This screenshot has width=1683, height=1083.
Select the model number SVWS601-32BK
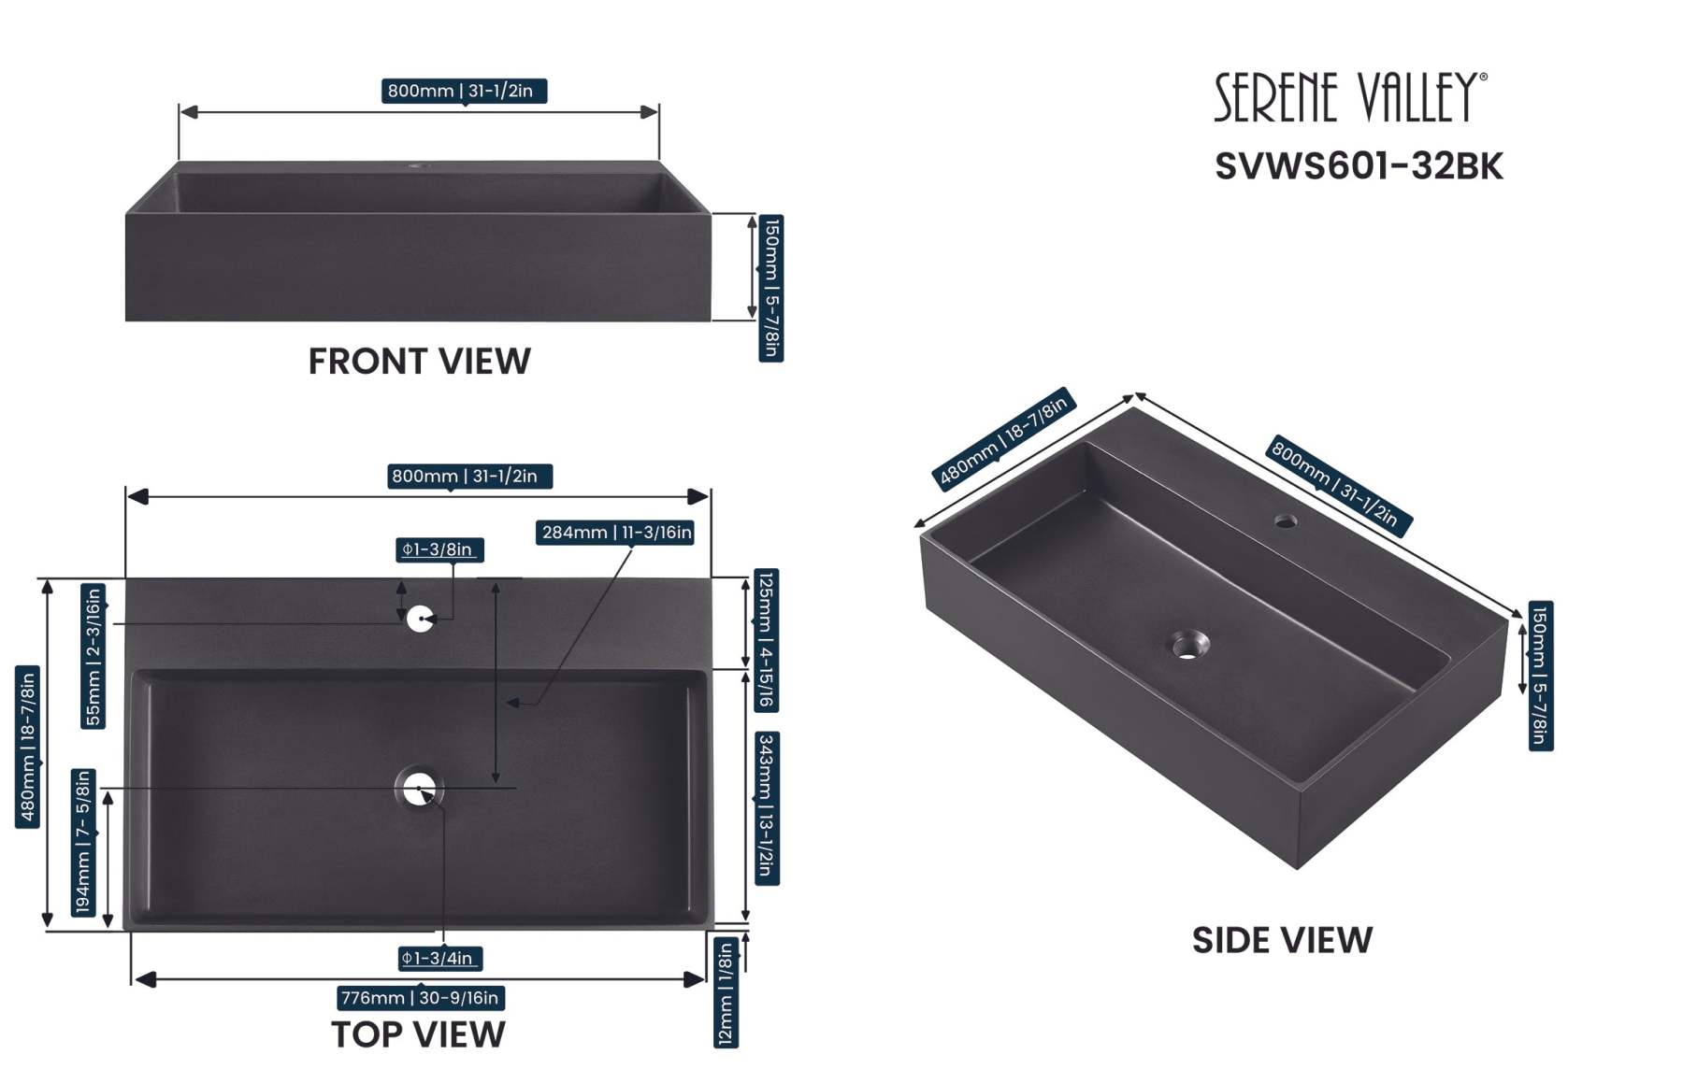[x=1359, y=166]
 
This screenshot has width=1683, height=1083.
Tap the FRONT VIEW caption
[x=419, y=362]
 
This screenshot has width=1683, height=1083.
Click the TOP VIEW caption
[x=418, y=1034]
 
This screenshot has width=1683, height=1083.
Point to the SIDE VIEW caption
[x=1282, y=940]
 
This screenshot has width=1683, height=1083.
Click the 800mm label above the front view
[x=464, y=91]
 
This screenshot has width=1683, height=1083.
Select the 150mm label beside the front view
[x=770, y=288]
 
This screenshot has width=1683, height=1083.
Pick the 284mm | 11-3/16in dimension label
[x=615, y=533]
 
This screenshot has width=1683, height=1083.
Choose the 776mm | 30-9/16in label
[x=421, y=998]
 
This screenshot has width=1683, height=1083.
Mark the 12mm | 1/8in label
[x=726, y=993]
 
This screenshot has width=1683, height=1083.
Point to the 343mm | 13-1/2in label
[x=767, y=808]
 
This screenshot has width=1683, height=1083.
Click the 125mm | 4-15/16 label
[x=767, y=640]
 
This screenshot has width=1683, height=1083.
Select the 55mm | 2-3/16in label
[x=93, y=655]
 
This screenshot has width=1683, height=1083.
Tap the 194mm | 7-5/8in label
[x=83, y=842]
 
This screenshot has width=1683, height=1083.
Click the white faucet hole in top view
[x=420, y=619]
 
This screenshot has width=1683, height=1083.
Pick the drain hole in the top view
[x=419, y=788]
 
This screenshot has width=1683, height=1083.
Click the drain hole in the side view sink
[x=1189, y=645]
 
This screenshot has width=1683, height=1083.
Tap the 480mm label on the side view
[x=1003, y=437]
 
